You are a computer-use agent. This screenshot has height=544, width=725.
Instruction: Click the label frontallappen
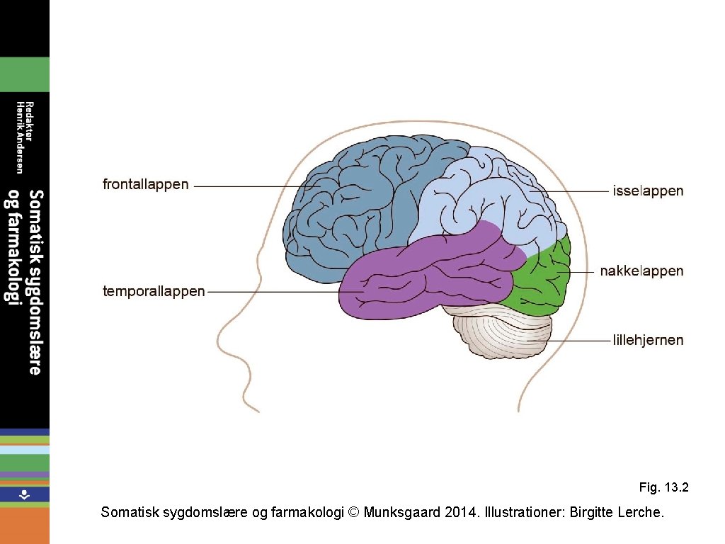(x=146, y=185)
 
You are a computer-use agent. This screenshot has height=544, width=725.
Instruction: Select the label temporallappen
(x=154, y=291)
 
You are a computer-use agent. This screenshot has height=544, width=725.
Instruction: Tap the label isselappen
(x=647, y=191)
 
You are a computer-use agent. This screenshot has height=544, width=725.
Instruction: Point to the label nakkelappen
(x=641, y=271)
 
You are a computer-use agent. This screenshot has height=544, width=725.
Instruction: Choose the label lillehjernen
(x=648, y=340)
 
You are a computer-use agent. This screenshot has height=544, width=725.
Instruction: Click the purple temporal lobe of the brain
(x=425, y=276)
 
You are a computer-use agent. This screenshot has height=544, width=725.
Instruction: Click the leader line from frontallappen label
(x=248, y=186)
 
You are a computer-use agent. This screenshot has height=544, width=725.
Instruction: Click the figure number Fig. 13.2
(x=663, y=487)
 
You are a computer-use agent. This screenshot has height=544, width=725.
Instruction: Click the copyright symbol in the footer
(x=355, y=512)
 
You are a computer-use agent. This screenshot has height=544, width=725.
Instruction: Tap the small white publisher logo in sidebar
(x=24, y=494)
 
